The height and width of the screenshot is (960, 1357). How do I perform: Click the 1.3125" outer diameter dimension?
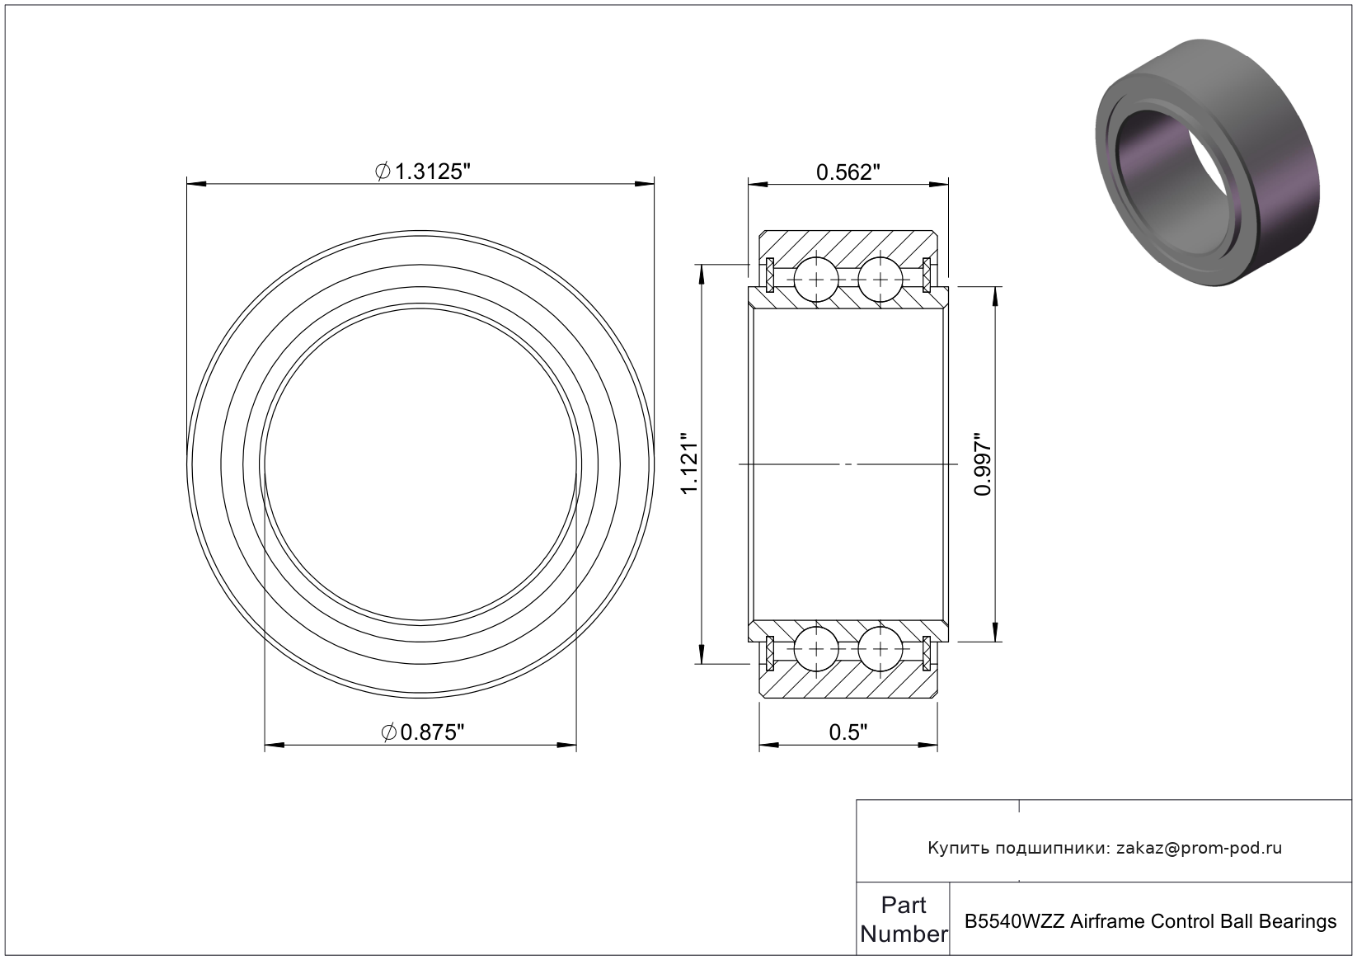click(x=423, y=172)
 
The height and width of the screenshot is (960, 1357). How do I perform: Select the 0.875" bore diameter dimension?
click(x=423, y=732)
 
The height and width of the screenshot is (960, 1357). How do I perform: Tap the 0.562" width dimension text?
click(x=848, y=172)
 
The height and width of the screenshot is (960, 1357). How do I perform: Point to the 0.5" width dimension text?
click(x=848, y=732)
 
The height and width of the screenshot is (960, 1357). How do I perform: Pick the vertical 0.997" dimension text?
click(x=982, y=464)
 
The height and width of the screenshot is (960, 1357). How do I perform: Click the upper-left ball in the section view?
click(x=816, y=280)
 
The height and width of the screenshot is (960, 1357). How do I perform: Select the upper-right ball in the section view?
click(x=880, y=280)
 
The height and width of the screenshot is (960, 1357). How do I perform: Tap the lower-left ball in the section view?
click(x=816, y=649)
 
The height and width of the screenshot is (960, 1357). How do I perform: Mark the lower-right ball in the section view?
click(x=880, y=649)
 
